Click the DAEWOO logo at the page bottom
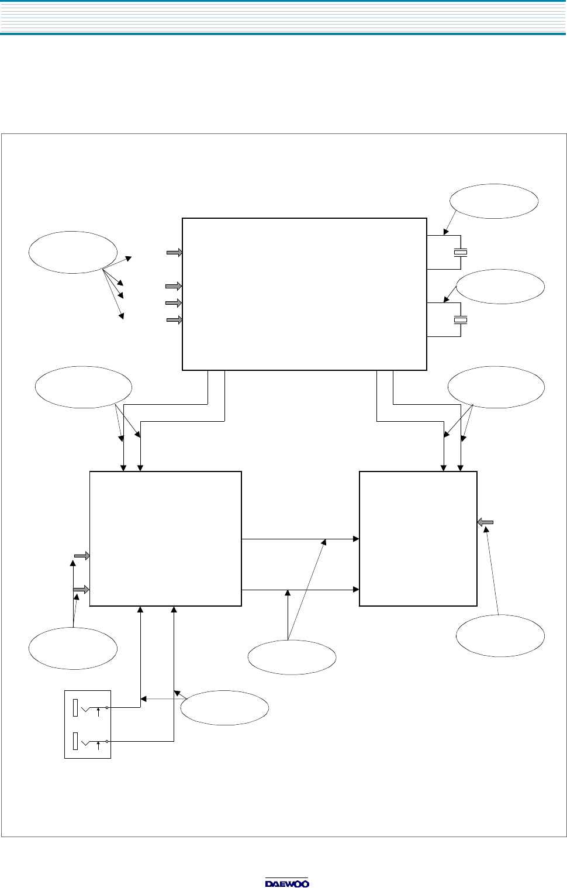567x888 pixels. [x=287, y=883]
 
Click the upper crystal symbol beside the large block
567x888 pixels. [x=461, y=253]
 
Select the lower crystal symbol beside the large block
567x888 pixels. [x=461, y=320]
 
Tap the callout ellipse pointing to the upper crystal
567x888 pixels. [x=494, y=201]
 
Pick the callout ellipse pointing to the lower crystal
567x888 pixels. [x=500, y=287]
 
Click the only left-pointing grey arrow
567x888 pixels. [x=486, y=521]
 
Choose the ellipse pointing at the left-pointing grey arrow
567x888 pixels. [x=500, y=635]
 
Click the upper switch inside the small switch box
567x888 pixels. [x=88, y=708]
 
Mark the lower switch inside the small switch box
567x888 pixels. [x=88, y=741]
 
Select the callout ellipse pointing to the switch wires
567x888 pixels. [x=224, y=708]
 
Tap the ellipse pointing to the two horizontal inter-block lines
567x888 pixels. [x=292, y=658]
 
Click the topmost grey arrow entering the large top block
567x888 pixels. [x=174, y=253]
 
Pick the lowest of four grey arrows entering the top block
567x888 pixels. [x=174, y=320]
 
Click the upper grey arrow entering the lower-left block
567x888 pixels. [x=81, y=556]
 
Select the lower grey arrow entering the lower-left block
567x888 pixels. [x=81, y=589]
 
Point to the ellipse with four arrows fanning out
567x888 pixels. [x=72, y=252]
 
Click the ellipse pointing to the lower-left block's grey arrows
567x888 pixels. [x=73, y=648]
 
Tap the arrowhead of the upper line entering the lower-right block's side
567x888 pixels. [x=355, y=539]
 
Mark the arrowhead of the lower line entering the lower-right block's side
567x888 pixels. [x=355, y=590]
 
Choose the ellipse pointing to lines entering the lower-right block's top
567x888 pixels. [x=496, y=387]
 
